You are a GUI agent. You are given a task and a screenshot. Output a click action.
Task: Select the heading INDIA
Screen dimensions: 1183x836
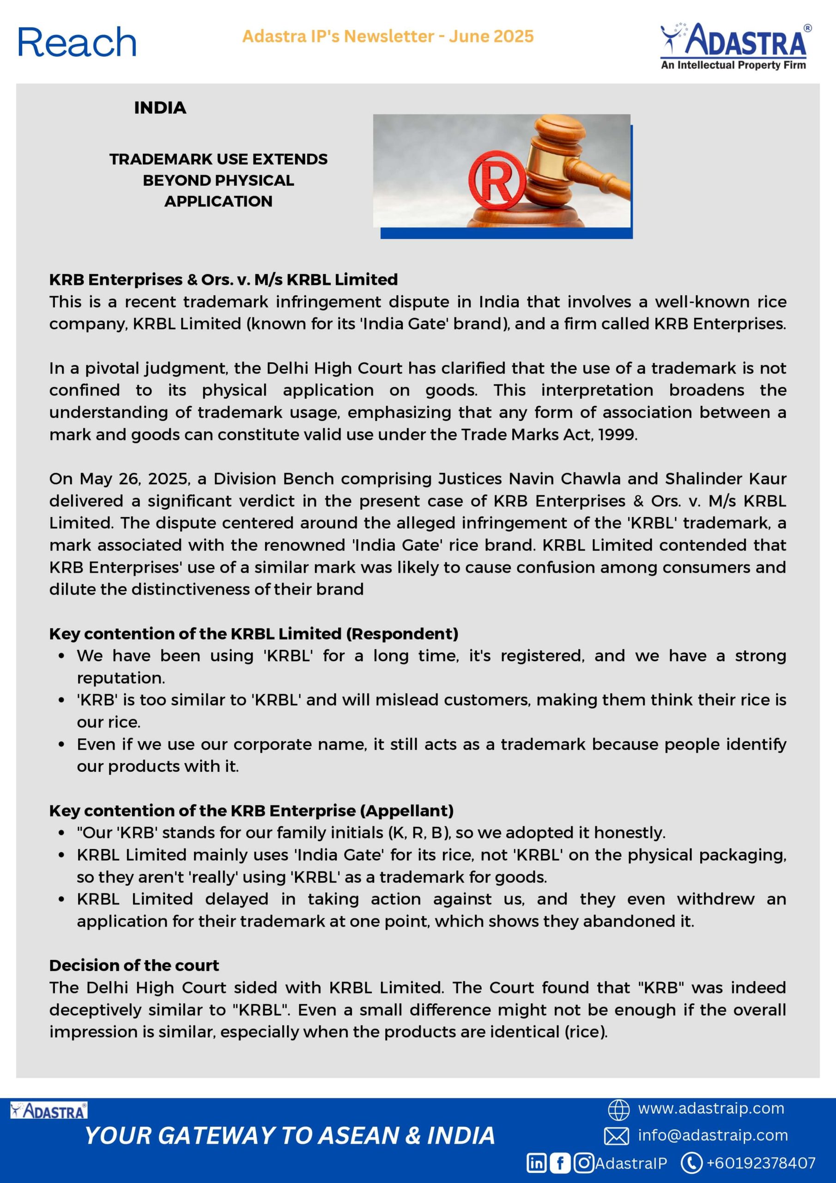pos(160,108)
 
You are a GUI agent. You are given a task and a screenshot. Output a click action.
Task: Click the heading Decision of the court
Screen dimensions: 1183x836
pos(134,965)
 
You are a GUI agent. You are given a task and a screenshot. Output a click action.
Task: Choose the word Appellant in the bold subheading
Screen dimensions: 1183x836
pos(407,811)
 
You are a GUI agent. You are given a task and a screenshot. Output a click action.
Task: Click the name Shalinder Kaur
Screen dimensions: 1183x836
pos(725,479)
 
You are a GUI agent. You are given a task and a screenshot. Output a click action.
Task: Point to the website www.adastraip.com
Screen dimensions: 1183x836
pos(711,1108)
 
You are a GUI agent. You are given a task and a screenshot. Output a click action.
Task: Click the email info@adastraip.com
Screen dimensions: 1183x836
pos(713,1135)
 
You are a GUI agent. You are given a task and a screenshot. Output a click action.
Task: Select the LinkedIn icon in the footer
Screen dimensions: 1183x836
pos(536,1163)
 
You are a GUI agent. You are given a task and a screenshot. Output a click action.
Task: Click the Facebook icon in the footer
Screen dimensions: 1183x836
pos(560,1163)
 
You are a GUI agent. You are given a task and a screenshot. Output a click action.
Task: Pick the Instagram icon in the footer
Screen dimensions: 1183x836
pos(584,1163)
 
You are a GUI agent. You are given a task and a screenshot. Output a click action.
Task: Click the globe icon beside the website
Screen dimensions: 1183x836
pos(618,1110)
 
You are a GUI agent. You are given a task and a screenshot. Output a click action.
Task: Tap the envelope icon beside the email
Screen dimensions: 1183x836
pos(617,1136)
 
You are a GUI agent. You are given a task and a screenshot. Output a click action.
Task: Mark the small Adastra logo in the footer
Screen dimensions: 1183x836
pos(49,1110)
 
